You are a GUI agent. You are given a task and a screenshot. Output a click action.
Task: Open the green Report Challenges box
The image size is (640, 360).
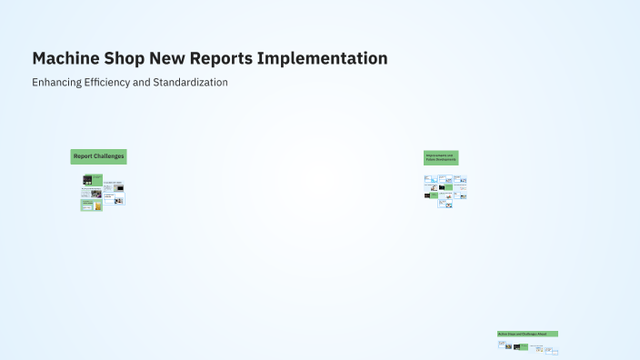pos(98,156)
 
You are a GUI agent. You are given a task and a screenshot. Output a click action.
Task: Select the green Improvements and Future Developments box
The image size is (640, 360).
pos(441,157)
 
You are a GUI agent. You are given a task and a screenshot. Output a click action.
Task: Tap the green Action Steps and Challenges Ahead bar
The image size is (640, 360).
pos(527,334)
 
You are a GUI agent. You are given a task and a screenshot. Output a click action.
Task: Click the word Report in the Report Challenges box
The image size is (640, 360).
pos(83,156)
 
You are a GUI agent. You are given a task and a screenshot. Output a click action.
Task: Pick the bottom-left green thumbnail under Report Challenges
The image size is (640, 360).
pos(88,205)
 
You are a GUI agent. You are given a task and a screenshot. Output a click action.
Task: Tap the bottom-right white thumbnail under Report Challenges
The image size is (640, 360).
pos(118,197)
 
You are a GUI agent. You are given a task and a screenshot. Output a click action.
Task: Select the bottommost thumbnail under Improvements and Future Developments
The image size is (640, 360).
pos(445,204)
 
